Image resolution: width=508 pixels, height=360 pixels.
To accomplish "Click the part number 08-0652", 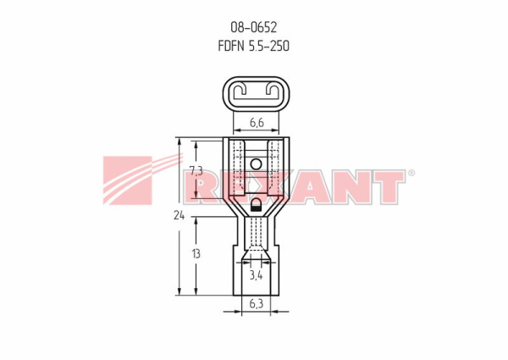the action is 254,28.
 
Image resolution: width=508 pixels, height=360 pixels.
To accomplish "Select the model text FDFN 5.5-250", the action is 254,46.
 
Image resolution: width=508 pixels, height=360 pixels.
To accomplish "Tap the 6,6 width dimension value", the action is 257,123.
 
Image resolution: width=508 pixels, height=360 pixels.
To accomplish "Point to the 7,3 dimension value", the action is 196,171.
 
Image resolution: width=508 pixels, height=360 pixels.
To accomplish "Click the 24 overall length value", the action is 179,215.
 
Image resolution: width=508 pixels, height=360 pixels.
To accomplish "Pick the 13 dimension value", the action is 196,254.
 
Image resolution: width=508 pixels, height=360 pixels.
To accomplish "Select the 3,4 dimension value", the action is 256,276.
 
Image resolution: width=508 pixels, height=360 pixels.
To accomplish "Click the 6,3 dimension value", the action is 257,303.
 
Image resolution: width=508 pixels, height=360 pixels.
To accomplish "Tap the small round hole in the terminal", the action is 256,164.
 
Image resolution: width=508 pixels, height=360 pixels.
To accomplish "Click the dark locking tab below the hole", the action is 256,206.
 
